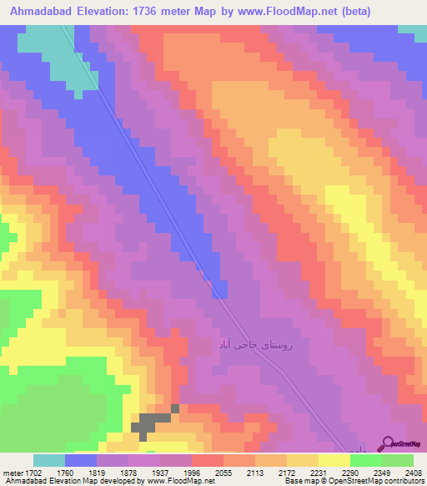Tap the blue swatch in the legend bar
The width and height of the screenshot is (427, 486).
pos(81,460)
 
